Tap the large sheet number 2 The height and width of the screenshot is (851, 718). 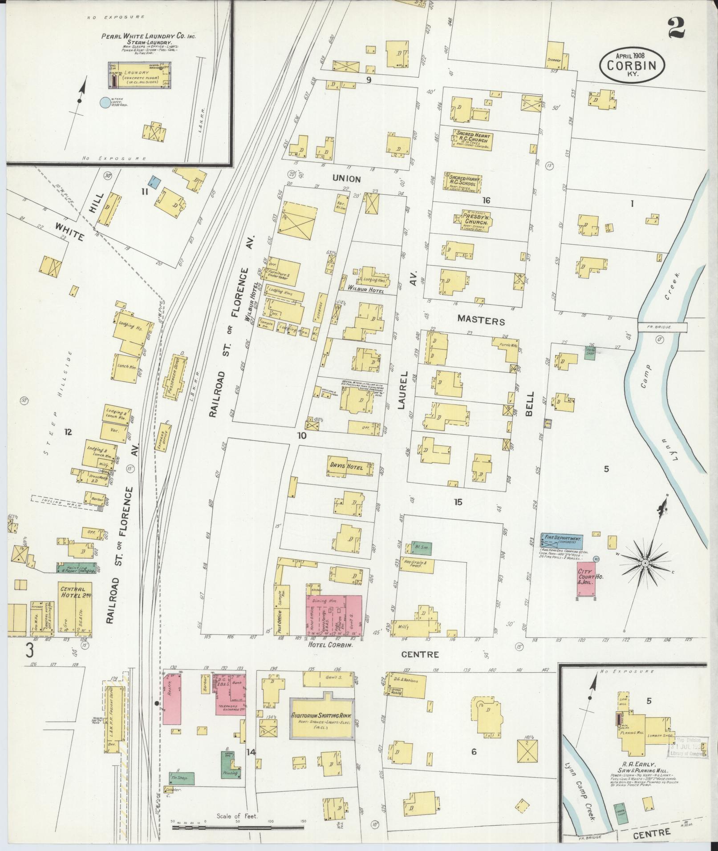pos(676,28)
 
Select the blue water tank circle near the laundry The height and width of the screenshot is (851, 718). pos(105,103)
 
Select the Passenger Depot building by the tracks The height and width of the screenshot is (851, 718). pos(176,376)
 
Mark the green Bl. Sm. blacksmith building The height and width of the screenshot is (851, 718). pos(420,548)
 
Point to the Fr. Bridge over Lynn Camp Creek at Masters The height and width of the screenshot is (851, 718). pos(662,327)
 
